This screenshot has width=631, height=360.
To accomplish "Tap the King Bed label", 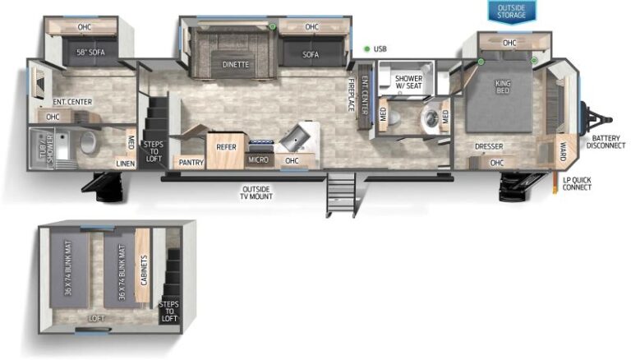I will coord(503,86).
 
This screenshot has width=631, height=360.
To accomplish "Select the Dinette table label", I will coord(235,64).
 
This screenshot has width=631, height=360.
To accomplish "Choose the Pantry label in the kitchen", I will coord(191,163).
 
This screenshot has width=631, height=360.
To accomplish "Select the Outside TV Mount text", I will coord(256,193).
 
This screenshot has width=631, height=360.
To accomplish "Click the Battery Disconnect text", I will coord(606,141).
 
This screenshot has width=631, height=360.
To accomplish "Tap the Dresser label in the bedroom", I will coord(488,147).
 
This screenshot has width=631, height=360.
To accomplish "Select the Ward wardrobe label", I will coord(562,151).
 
